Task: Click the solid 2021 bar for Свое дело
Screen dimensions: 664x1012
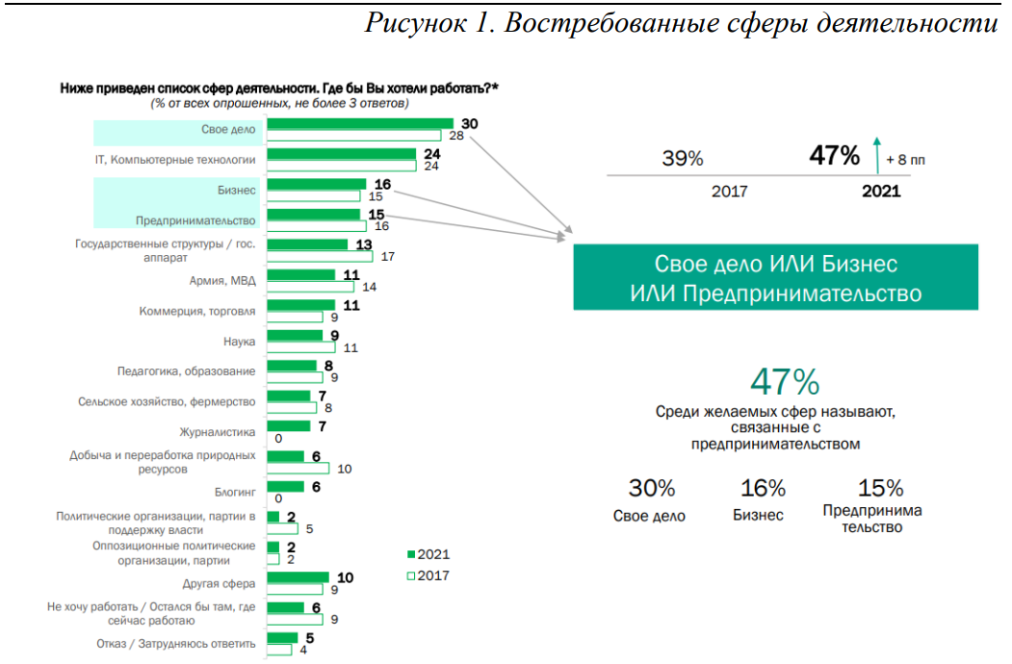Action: [x=359, y=123]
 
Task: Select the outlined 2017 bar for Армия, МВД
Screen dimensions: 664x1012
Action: [x=310, y=287]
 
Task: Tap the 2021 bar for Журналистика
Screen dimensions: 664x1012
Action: [x=288, y=425]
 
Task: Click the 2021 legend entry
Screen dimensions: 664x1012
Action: [x=428, y=554]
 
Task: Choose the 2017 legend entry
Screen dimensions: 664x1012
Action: [x=428, y=575]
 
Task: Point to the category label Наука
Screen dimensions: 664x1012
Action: [x=239, y=341]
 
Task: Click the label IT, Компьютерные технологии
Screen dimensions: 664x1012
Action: [x=175, y=160]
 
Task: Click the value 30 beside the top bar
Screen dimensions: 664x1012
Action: [x=470, y=123]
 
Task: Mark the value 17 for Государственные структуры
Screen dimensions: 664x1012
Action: [x=389, y=257]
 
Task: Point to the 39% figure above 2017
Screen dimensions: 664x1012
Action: [x=683, y=159]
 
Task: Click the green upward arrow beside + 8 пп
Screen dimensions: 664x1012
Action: [x=876, y=154]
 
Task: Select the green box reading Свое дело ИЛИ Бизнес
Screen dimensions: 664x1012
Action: [x=775, y=277]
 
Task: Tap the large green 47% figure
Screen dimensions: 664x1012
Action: [x=785, y=382]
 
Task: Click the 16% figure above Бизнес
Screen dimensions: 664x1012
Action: [x=763, y=488]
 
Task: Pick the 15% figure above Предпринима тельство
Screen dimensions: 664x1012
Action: [x=880, y=488]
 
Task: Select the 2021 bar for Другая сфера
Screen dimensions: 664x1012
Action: [x=298, y=577]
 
